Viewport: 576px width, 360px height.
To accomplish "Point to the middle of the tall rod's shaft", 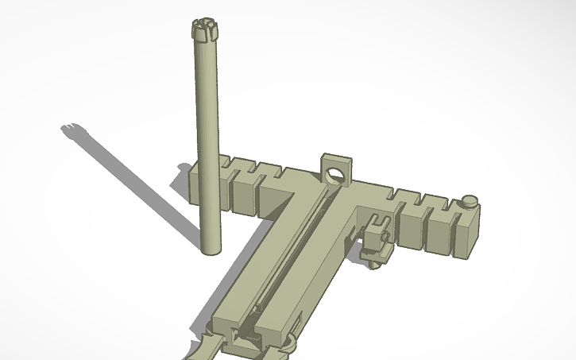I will tap(207, 139).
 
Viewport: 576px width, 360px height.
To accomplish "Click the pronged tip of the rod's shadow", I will tap(72, 129).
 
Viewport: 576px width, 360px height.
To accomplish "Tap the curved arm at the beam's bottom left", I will tap(199, 348).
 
